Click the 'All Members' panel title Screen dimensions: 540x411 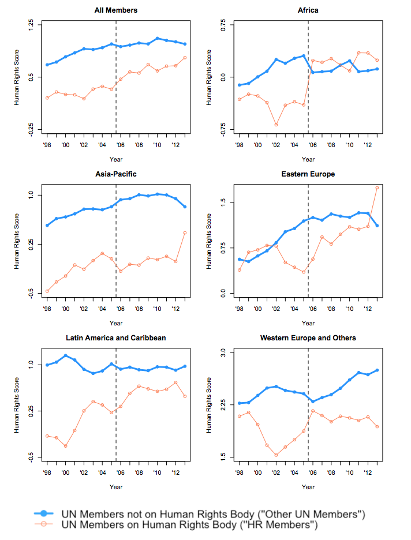(x=116, y=10)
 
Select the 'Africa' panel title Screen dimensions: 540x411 (x=308, y=10)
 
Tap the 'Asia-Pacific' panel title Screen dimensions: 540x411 (x=116, y=174)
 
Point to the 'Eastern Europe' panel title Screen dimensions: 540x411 (x=308, y=174)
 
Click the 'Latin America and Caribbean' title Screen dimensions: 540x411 (x=116, y=337)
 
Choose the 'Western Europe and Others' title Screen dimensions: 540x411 (x=308, y=337)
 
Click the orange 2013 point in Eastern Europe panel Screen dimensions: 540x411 (x=377, y=187)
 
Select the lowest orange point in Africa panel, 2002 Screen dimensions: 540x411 (x=276, y=125)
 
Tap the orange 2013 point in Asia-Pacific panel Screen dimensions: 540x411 (x=185, y=232)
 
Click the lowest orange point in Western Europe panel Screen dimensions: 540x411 (x=276, y=455)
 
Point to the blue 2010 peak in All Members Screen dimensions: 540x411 (x=157, y=38)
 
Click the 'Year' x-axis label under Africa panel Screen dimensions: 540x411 (x=308, y=159)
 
